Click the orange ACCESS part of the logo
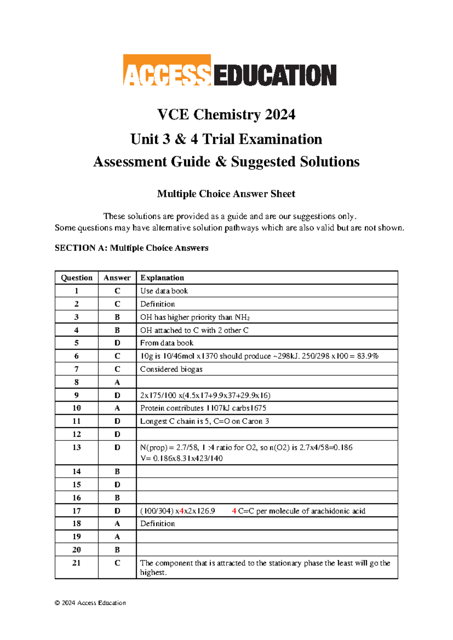(x=166, y=70)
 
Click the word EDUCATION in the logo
(x=274, y=75)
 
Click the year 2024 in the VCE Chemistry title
(x=280, y=115)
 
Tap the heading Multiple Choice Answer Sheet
(x=226, y=194)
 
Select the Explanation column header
(x=162, y=278)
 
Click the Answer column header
(x=117, y=278)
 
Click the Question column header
(x=77, y=278)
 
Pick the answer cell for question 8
(x=117, y=382)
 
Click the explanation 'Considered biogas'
(x=171, y=369)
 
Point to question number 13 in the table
(x=77, y=448)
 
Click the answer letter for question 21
(x=117, y=563)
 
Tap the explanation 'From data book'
(x=166, y=343)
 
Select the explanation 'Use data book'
(x=164, y=291)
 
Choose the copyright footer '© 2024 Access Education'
(x=90, y=603)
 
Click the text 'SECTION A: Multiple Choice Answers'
(x=131, y=248)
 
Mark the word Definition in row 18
(x=157, y=524)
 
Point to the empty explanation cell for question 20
(x=267, y=550)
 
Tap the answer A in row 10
(x=117, y=408)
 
